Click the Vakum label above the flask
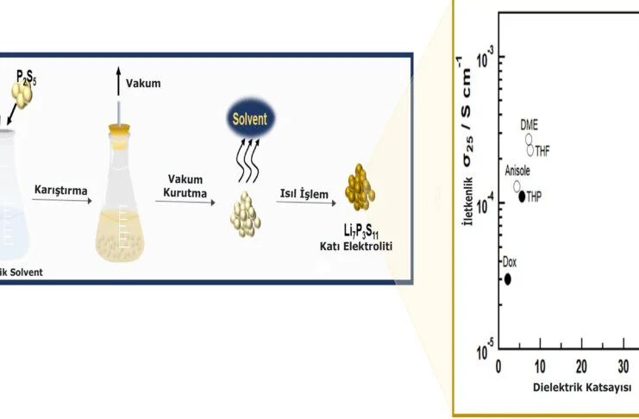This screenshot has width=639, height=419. [x=143, y=84]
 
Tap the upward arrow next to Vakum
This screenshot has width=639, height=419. [x=118, y=82]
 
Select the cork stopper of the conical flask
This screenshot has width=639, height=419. [x=119, y=130]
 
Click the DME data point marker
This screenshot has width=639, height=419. [x=529, y=139]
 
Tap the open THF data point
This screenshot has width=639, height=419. [x=530, y=150]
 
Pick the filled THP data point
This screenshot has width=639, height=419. [x=522, y=197]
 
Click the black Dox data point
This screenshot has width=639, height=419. [x=508, y=278]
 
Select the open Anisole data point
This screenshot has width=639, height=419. [x=517, y=185]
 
